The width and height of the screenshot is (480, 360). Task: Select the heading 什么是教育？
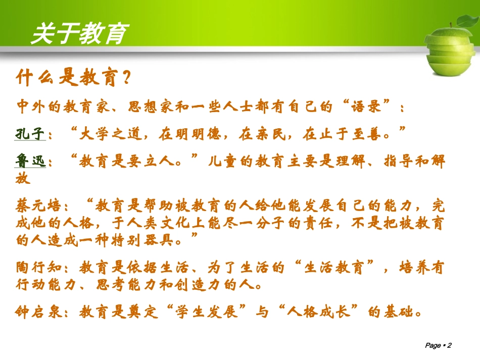click(74, 78)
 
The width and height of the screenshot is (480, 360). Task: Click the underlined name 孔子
click(31, 134)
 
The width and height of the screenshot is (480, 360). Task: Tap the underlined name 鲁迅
click(31, 161)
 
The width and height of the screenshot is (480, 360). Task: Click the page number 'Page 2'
click(438, 345)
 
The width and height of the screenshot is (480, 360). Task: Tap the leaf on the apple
click(465, 22)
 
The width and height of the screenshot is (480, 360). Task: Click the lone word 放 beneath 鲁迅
click(23, 178)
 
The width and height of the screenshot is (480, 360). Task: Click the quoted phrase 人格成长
click(323, 313)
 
